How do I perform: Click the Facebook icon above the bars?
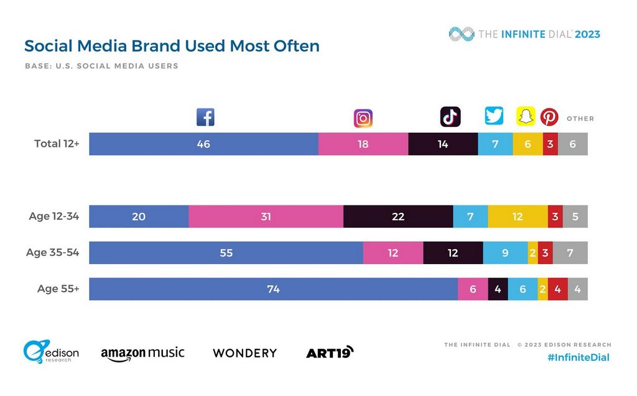(205, 117)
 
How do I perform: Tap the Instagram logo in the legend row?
(363, 118)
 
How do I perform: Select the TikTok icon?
(450, 117)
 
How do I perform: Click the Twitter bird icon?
(494, 116)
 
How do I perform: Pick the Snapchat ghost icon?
(526, 116)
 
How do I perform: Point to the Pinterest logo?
(549, 117)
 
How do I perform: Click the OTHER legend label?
(580, 118)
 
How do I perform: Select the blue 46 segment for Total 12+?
(203, 144)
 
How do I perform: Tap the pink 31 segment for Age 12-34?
(266, 217)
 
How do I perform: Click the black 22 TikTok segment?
(398, 217)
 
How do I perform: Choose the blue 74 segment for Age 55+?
(273, 289)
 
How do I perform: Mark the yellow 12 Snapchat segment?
(518, 217)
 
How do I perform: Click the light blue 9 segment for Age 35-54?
(505, 253)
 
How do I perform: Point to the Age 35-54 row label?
(52, 253)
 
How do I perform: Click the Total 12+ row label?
(57, 144)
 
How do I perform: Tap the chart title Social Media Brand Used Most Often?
(172, 46)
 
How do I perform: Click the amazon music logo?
(142, 353)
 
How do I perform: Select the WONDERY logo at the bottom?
(244, 353)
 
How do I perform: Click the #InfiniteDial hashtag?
(579, 357)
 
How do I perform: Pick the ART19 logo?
(330, 352)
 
